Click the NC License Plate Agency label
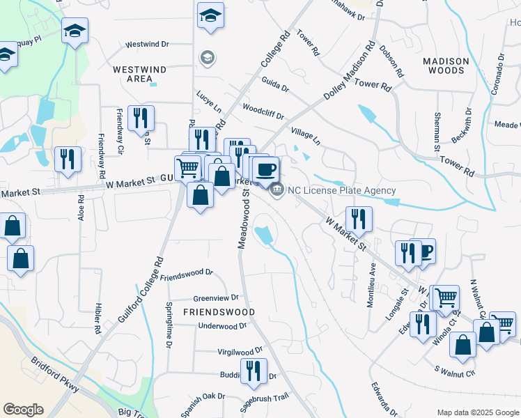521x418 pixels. coord(342,190)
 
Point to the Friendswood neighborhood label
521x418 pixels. coord(218,311)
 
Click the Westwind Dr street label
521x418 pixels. coord(147,45)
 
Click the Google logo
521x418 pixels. coord(23,410)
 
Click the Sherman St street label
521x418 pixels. coord(437,132)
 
